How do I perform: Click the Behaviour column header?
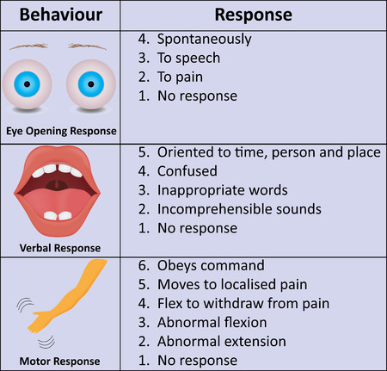pyautogui.click(x=59, y=15)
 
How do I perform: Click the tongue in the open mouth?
pyautogui.click(x=59, y=212)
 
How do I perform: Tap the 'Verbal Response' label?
pyautogui.click(x=59, y=248)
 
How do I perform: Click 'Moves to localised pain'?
pyautogui.click(x=231, y=285)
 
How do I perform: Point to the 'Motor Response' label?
pyautogui.click(x=59, y=361)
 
